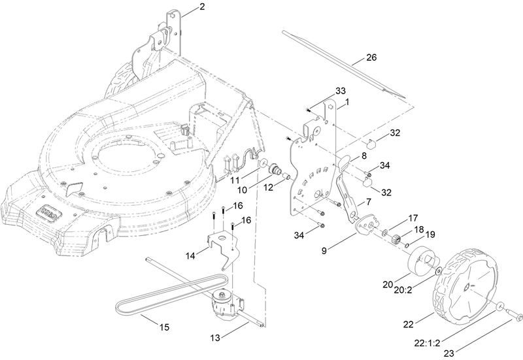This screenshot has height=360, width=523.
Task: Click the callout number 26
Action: click(x=371, y=57)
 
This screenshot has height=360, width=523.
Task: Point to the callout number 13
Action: click(x=216, y=338)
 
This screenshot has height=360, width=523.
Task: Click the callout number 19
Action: click(x=430, y=234)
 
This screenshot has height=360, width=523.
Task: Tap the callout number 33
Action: click(x=340, y=90)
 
